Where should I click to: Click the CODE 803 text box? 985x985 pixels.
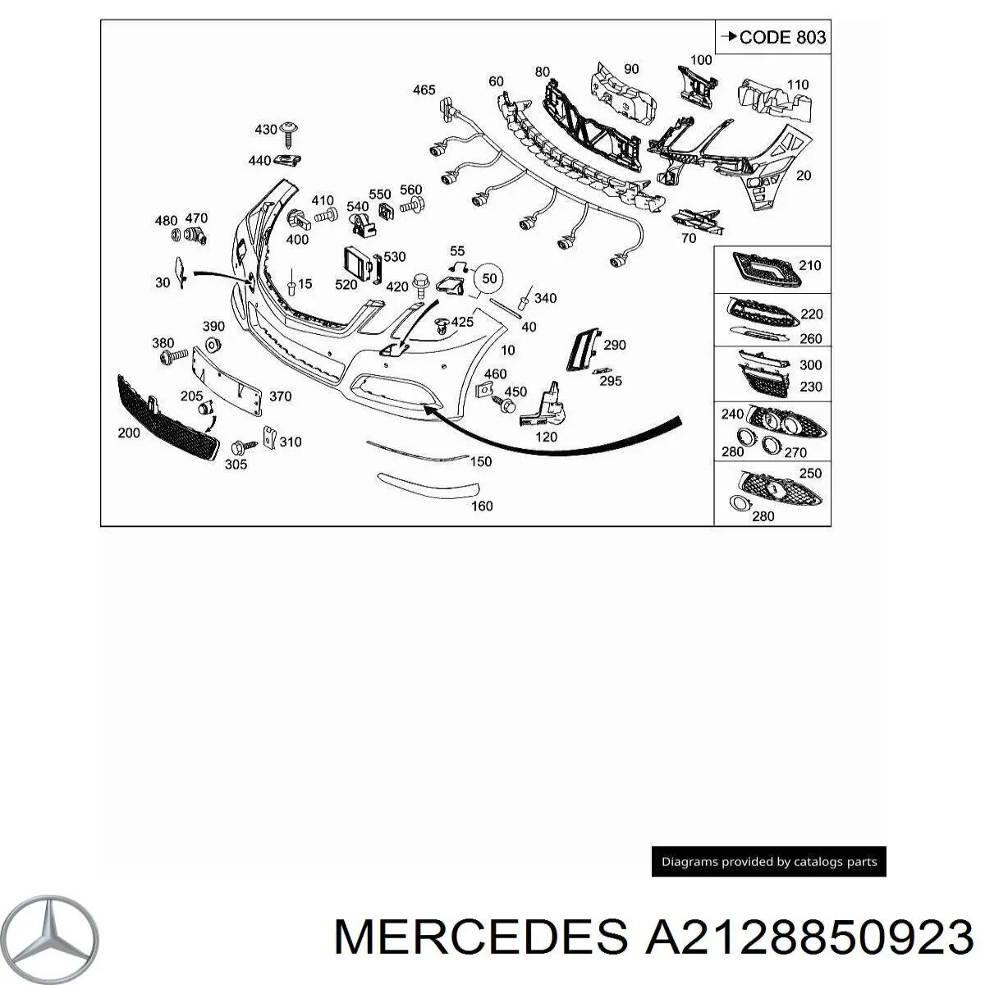tap(772, 37)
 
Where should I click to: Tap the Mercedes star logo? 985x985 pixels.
tap(49, 938)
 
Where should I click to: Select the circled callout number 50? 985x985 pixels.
tap(488, 278)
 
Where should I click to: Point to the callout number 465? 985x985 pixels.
tap(424, 90)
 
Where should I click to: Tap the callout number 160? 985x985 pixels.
tap(482, 506)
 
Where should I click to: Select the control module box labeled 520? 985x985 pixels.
tap(358, 263)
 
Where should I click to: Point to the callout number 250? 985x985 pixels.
tap(811, 473)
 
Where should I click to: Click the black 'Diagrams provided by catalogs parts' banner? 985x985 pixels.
tap(769, 861)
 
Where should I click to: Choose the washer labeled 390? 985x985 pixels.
tap(212, 346)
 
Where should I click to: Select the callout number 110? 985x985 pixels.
tap(798, 85)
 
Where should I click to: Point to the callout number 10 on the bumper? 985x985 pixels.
tap(507, 350)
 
